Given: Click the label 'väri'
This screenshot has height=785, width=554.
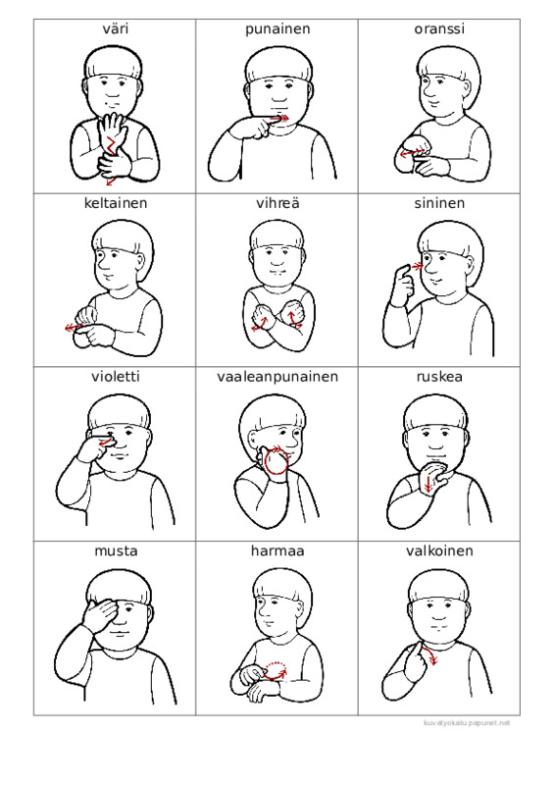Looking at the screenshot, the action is (x=115, y=28).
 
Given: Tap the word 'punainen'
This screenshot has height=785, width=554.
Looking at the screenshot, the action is (x=277, y=29).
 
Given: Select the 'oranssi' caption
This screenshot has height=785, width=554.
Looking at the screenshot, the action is (x=439, y=29).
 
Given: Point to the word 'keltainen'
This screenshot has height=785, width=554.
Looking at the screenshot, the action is (x=115, y=203).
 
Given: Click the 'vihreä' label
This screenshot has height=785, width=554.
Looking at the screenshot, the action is (x=277, y=203).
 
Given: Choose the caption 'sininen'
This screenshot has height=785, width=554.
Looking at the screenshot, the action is (x=439, y=203).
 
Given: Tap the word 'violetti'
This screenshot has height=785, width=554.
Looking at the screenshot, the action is (x=115, y=377).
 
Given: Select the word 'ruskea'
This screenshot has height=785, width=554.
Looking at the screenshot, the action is (x=439, y=377).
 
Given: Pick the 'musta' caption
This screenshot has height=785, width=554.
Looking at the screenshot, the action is (x=116, y=551).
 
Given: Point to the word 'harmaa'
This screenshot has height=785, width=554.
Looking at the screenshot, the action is (x=277, y=551).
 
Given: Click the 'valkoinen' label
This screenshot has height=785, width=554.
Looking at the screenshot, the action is (x=439, y=551).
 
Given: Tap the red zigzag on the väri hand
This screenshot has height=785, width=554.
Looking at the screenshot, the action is (x=111, y=145).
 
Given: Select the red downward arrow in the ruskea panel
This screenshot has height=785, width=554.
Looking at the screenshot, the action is (x=428, y=484).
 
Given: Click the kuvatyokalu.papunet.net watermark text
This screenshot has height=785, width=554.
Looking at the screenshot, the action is (x=467, y=723).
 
